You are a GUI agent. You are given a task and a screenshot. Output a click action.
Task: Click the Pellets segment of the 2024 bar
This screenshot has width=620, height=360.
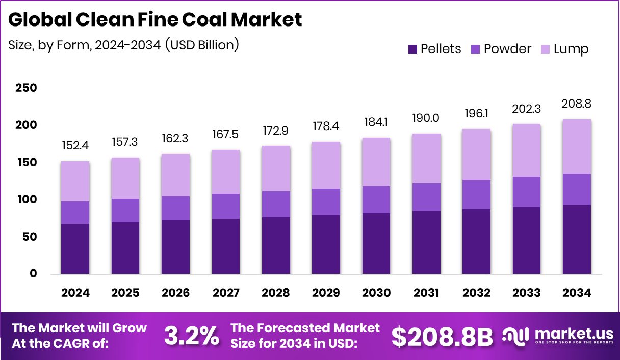tap(75, 249)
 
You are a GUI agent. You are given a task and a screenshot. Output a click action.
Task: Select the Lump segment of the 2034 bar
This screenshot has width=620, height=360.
tap(577, 146)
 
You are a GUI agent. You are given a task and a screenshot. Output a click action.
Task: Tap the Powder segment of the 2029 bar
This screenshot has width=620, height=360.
tap(326, 202)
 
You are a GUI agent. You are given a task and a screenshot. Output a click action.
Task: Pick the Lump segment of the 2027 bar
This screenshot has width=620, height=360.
tap(225, 172)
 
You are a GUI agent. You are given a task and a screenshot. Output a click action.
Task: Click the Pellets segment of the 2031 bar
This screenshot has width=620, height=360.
tap(426, 242)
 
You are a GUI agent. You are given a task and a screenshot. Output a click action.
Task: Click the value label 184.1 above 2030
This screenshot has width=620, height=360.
tap(376, 122)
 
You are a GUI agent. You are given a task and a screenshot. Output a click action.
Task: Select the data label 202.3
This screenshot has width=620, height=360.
tap(527, 109)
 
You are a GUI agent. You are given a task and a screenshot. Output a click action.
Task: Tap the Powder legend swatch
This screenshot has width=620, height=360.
tap(476, 49)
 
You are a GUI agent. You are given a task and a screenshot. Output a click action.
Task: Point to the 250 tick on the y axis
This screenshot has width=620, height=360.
tap(27, 88)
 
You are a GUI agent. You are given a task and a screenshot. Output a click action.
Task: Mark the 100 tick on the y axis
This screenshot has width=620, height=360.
tap(27, 199)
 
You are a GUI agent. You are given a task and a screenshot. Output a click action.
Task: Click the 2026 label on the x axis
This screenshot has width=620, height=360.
tap(175, 293)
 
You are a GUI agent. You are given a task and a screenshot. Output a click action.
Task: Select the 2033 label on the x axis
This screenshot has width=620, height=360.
tap(527, 293)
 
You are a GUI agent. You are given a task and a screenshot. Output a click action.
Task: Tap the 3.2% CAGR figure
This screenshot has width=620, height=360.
tap(191, 336)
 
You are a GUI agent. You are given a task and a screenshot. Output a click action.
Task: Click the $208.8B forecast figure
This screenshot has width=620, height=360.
tap(442, 336)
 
